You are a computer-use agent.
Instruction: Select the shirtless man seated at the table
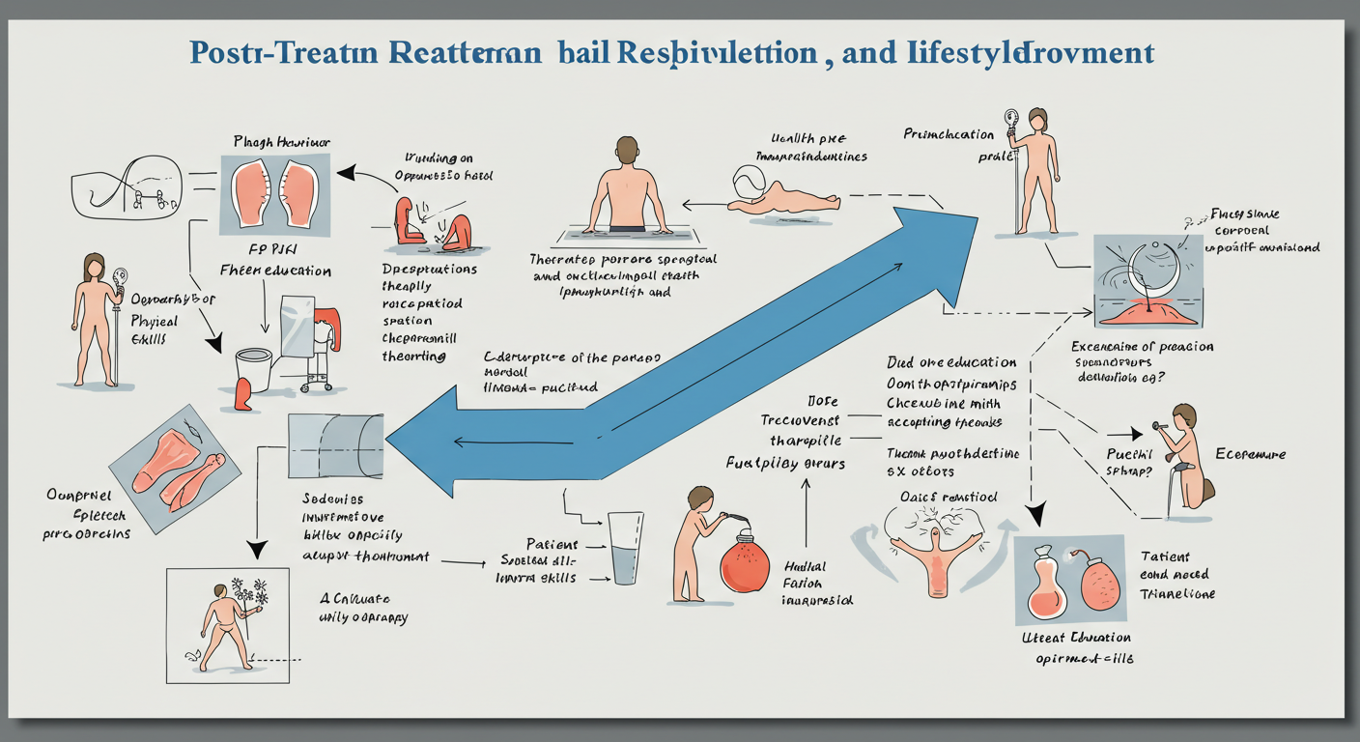coord(627,189)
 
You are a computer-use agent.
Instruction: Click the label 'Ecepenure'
coord(1250,453)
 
